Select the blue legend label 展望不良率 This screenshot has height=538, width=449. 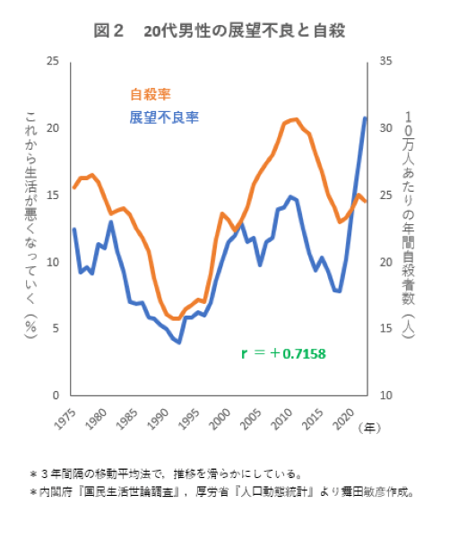[x=163, y=117]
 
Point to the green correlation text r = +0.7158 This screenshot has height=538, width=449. [x=283, y=353]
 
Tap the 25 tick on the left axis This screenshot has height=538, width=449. [x=53, y=61]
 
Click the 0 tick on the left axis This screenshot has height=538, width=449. [x=56, y=395]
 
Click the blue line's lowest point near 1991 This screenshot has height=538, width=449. [x=180, y=342]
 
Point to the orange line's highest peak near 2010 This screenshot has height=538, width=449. [x=296, y=118]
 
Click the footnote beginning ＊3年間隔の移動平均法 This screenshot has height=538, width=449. [x=170, y=472]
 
